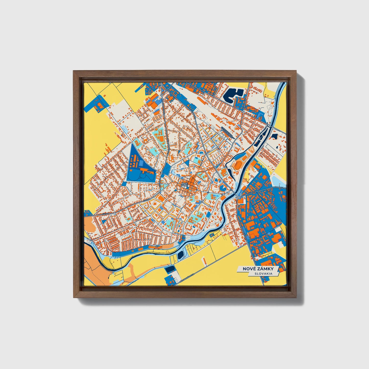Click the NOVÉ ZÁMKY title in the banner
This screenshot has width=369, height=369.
tap(258, 269)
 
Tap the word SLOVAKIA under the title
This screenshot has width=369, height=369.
tap(263, 273)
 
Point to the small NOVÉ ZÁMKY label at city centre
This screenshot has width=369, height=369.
tap(184, 184)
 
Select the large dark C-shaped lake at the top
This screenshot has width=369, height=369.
tap(233, 95)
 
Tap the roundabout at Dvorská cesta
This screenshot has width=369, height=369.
tap(237, 197)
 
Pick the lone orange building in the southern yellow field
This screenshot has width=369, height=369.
tap(205, 260)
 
